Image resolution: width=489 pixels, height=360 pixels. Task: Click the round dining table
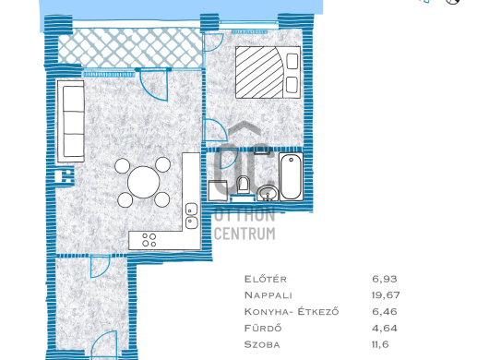tap(144, 182)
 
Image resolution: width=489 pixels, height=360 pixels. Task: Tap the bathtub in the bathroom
tap(291, 176)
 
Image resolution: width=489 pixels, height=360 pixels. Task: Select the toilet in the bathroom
tap(243, 185)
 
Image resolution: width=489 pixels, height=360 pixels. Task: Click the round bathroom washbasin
tap(268, 193)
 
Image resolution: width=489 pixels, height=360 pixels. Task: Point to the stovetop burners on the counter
tap(149, 240)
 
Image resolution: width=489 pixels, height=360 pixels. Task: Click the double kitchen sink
tap(192, 216)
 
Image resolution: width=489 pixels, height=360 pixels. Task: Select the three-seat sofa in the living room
tap(71, 121)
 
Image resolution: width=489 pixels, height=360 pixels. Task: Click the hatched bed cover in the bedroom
tap(259, 72)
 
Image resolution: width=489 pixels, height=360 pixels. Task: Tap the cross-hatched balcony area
tap(130, 48)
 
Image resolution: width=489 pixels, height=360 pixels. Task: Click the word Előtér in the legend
tap(265, 279)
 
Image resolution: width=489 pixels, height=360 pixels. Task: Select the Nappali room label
tap(268, 295)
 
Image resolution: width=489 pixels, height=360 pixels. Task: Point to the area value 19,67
tap(386, 295)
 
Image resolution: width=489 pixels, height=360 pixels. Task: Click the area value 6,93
tap(385, 279)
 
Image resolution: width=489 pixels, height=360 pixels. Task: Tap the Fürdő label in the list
tap(263, 329)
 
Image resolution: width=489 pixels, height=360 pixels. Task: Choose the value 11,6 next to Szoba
tap(380, 344)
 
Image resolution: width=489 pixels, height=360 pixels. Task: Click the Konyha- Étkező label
tap(292, 311)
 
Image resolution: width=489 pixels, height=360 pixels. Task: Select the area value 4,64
tap(385, 329)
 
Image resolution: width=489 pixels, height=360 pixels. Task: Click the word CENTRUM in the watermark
tap(244, 234)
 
